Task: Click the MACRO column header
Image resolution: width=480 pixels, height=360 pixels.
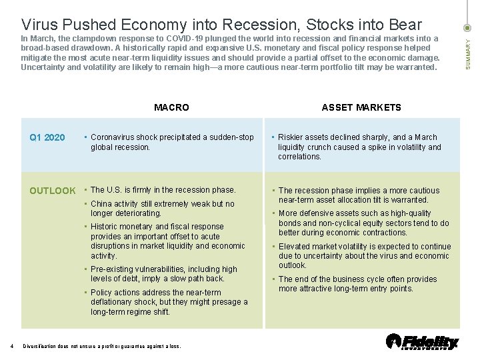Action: pyautogui.click(x=171, y=107)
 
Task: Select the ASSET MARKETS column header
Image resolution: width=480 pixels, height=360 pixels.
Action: pyautogui.click(x=361, y=107)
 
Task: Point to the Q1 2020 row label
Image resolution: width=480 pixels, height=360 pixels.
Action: pyautogui.click(x=47, y=137)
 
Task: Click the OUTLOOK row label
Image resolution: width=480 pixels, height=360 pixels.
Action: pyautogui.click(x=53, y=191)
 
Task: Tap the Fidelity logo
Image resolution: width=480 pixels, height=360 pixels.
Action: pyautogui.click(x=422, y=341)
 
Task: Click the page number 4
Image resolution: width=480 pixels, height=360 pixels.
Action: pyautogui.click(x=12, y=345)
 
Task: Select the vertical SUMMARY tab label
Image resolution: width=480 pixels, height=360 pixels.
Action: pyautogui.click(x=468, y=52)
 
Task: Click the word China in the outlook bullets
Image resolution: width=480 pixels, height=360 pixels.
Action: pyautogui.click(x=101, y=204)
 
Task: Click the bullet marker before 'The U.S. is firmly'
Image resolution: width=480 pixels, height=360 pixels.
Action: pyautogui.click(x=86, y=191)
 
